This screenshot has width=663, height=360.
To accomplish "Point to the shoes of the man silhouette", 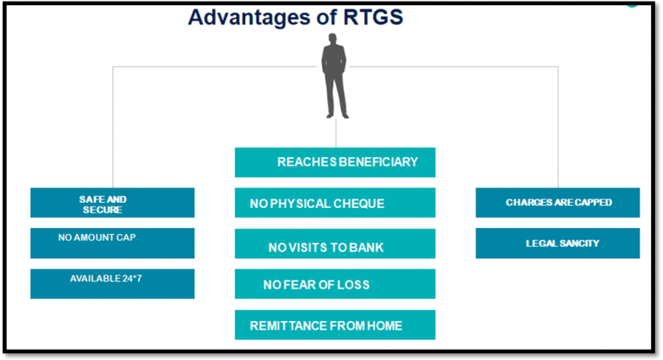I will click(x=336, y=114).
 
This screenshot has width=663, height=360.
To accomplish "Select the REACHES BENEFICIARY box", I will click(x=335, y=162).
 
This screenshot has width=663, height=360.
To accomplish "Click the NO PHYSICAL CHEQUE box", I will click(x=335, y=203).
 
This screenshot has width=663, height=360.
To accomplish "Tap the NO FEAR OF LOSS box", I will click(x=335, y=284).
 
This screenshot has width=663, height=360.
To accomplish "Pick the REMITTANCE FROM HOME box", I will click(x=335, y=325).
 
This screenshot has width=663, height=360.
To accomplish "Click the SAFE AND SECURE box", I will click(x=112, y=203).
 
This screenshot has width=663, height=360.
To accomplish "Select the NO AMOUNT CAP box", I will click(x=112, y=243).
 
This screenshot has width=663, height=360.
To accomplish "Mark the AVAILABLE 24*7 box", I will click(x=112, y=284).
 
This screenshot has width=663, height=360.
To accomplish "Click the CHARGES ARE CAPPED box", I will click(x=558, y=203).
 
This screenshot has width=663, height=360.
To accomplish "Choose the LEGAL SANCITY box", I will click(x=558, y=243).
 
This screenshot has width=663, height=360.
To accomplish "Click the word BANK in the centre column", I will click(x=366, y=248).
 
